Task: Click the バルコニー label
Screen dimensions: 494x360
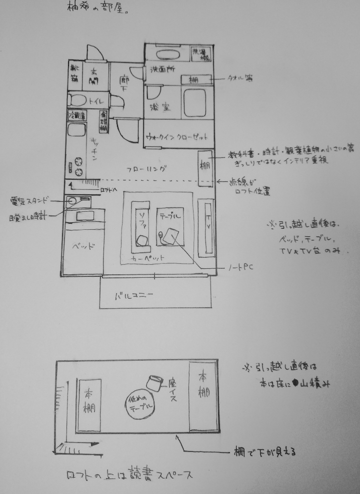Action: [134, 295]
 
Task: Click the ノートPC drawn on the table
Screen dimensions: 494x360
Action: [171, 236]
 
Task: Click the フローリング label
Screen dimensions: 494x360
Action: [146, 169]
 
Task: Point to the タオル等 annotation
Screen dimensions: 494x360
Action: [241, 78]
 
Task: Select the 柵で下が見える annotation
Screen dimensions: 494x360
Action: [265, 453]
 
